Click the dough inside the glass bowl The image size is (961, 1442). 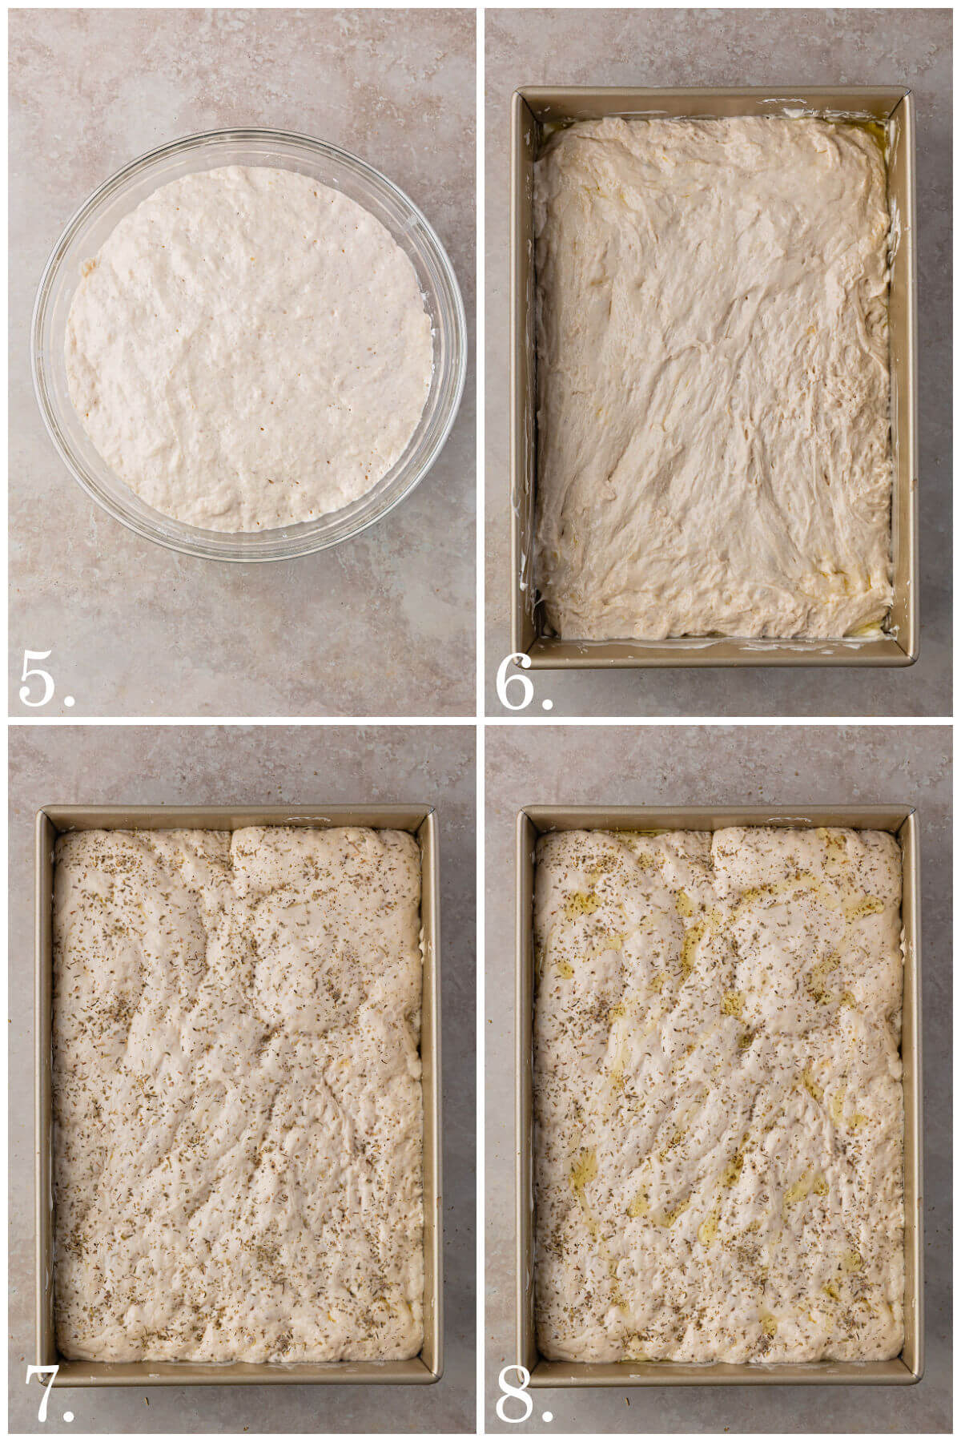coord(248,348)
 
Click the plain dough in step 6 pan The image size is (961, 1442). coord(713,377)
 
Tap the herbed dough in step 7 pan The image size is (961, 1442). coord(238,1098)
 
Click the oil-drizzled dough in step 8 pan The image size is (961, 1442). coord(718,1098)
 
